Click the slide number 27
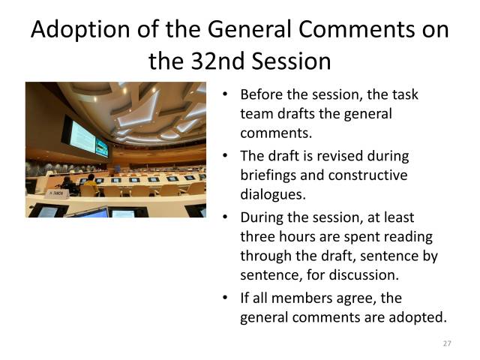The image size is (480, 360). coord(447,343)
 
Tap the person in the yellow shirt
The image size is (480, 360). coord(91,181)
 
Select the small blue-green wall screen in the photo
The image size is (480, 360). coord(102,147)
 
